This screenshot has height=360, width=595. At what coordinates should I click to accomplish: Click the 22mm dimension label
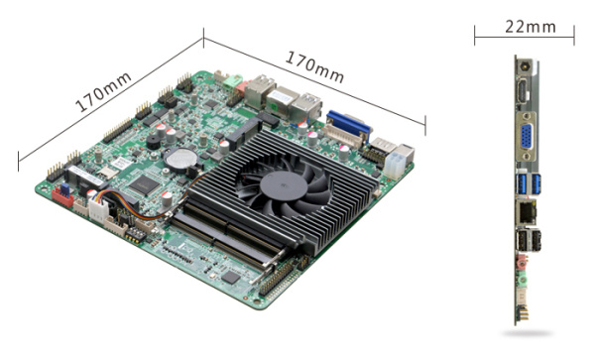coord(531,27)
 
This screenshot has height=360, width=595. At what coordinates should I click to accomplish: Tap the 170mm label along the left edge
coord(103,92)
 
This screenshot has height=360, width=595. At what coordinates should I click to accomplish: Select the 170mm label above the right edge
coord(314,66)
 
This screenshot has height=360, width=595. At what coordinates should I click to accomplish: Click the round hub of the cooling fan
coord(284,186)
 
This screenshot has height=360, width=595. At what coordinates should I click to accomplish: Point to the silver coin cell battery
coord(182,158)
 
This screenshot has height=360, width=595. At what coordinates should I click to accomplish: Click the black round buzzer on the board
coord(154,142)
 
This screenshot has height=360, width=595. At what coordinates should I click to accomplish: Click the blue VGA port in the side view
coord(526,136)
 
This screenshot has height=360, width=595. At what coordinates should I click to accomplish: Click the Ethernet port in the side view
coord(527,213)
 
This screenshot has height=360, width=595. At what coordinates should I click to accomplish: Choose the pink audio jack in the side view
coord(523,263)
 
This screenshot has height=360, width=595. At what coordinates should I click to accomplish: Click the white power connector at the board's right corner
coord(395,165)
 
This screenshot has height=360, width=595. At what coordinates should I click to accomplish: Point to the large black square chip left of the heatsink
coord(144,184)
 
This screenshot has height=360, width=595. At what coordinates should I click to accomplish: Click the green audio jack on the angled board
coord(232,82)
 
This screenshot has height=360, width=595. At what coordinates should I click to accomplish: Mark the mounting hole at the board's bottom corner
coord(257,302)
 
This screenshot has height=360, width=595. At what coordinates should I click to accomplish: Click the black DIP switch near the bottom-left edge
coord(135,235)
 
